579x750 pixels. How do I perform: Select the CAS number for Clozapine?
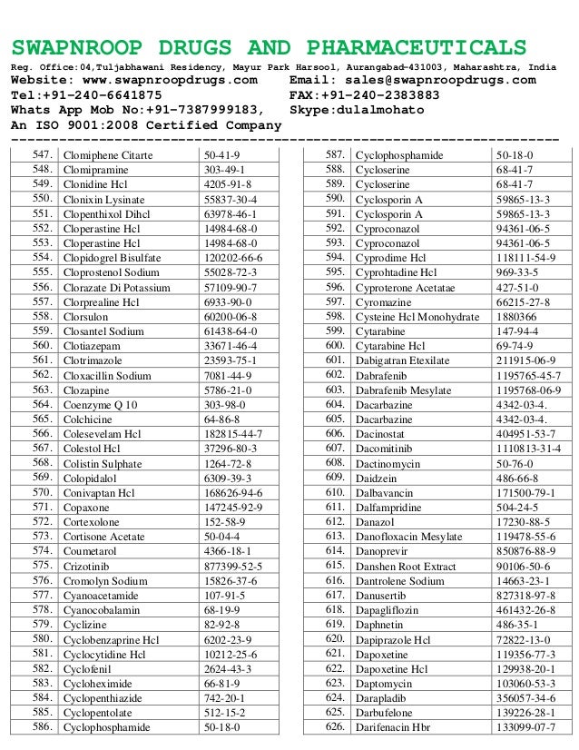pos(228,390)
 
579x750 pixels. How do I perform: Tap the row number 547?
pos(40,155)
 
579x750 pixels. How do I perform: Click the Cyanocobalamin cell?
pos(103,610)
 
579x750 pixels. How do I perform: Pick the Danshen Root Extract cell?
pos(406,566)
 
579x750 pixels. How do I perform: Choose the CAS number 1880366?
pos(516,317)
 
